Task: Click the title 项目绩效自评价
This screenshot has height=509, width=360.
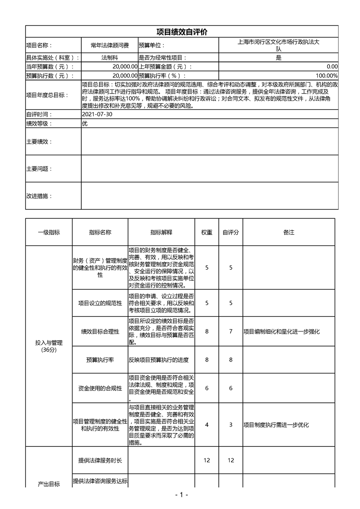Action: [182, 32]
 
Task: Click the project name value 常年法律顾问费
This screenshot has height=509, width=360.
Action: [109, 45]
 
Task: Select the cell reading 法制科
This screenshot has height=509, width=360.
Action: [109, 58]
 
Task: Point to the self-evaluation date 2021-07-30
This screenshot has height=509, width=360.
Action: [97, 114]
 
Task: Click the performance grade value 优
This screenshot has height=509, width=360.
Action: [84, 123]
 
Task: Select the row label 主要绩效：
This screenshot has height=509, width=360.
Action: [39, 142]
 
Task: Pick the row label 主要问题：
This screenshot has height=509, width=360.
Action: [39, 169]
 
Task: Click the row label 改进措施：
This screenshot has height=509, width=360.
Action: [39, 196]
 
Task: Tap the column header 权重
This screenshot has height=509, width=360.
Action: [207, 232]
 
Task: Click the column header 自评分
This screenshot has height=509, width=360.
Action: [231, 232]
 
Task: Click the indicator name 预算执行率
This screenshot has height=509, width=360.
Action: [100, 360]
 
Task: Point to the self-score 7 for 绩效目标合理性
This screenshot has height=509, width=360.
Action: [231, 332]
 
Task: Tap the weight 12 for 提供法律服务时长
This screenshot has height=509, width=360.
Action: [207, 460]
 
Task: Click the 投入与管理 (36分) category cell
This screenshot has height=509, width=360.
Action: [49, 346]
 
